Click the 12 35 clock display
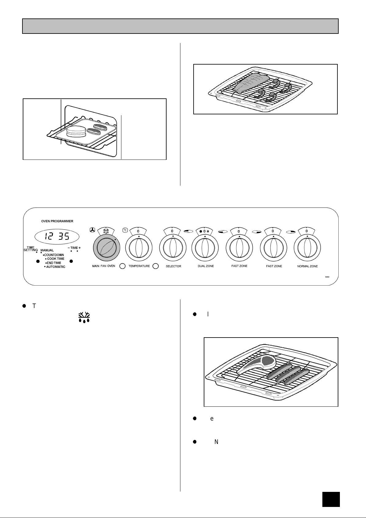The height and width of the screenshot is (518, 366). (57, 237)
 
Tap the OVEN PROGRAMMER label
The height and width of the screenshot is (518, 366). (57, 221)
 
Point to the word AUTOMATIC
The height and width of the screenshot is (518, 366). (56, 267)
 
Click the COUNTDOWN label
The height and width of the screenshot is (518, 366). (54, 255)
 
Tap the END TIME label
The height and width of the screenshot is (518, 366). (54, 263)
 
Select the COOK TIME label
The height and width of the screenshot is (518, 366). (56, 259)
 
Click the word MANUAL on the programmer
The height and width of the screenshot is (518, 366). (47, 251)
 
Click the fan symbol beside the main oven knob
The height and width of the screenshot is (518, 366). (92, 230)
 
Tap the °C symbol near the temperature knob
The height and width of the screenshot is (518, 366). (125, 230)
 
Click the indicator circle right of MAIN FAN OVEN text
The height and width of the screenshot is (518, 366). (122, 266)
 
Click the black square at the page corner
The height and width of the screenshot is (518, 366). (331, 500)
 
